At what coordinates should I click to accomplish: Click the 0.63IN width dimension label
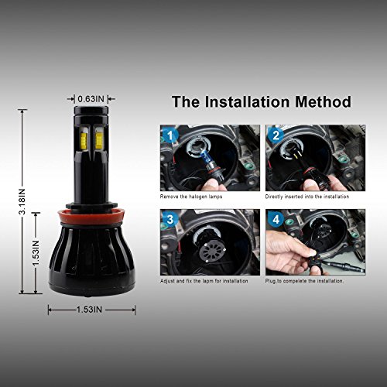click(91, 98)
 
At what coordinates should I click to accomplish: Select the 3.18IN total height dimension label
click(22, 201)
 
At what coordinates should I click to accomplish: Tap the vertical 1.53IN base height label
click(36, 253)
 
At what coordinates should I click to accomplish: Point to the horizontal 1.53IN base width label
click(89, 310)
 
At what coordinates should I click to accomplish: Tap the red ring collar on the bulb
click(91, 217)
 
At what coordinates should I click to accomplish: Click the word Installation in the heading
click(247, 101)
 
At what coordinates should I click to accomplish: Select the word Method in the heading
click(323, 101)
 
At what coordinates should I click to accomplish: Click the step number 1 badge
click(170, 135)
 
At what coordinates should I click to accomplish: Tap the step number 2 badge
click(276, 135)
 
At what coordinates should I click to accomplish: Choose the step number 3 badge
click(170, 220)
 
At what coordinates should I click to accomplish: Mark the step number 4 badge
click(276, 220)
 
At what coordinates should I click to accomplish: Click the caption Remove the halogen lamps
click(191, 197)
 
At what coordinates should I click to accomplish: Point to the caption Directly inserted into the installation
click(307, 197)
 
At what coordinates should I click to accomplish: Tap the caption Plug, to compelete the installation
click(304, 281)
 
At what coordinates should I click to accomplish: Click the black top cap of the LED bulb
click(91, 111)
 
